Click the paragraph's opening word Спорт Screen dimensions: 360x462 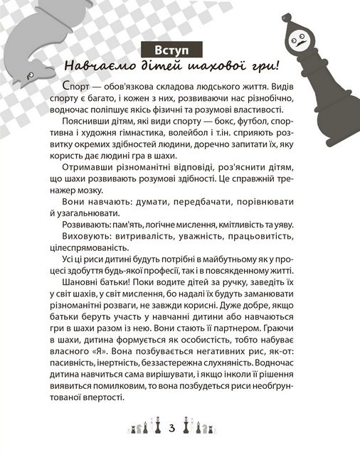[67, 86]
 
